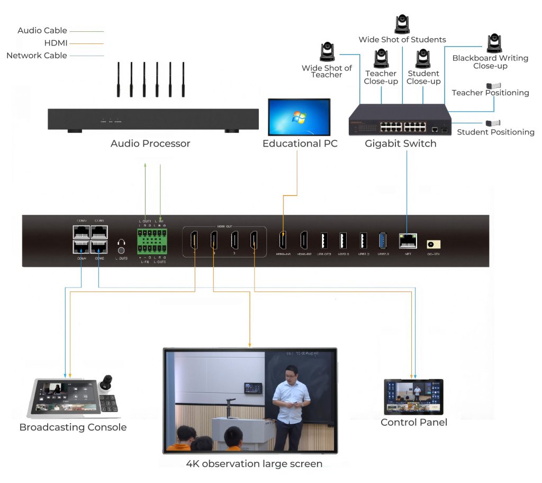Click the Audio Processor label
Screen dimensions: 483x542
pyautogui.click(x=150, y=144)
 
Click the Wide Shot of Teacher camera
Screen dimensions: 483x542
pyautogui.click(x=328, y=52)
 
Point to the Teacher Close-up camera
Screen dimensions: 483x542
pyautogui.click(x=381, y=59)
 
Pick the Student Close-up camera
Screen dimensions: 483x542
pyautogui.click(x=423, y=59)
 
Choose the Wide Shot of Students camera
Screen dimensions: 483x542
pyautogui.click(x=402, y=24)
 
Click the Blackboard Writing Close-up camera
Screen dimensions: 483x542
pyautogui.click(x=494, y=43)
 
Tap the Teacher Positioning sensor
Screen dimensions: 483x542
pyautogui.click(x=493, y=85)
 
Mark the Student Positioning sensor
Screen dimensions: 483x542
pyautogui.click(x=493, y=123)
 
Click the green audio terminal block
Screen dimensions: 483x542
pyautogui.click(x=152, y=241)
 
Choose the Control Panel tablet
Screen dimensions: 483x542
pyautogui.click(x=413, y=397)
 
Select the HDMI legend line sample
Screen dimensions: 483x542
pyautogui.click(x=87, y=43)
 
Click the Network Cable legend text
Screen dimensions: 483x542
pyautogui.click(x=37, y=56)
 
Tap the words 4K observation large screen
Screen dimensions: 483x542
pyautogui.click(x=254, y=464)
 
